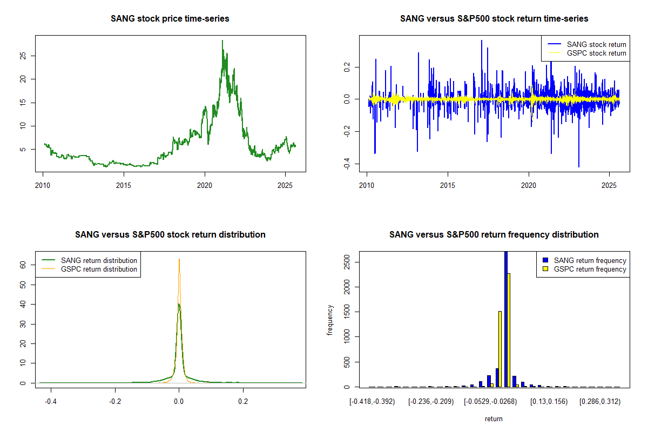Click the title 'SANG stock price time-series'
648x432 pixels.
(170, 19)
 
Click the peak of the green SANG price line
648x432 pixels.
(222, 40)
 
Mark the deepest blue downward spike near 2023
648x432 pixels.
(578, 166)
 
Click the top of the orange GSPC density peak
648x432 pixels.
(179, 259)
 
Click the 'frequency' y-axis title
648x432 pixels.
(330, 321)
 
